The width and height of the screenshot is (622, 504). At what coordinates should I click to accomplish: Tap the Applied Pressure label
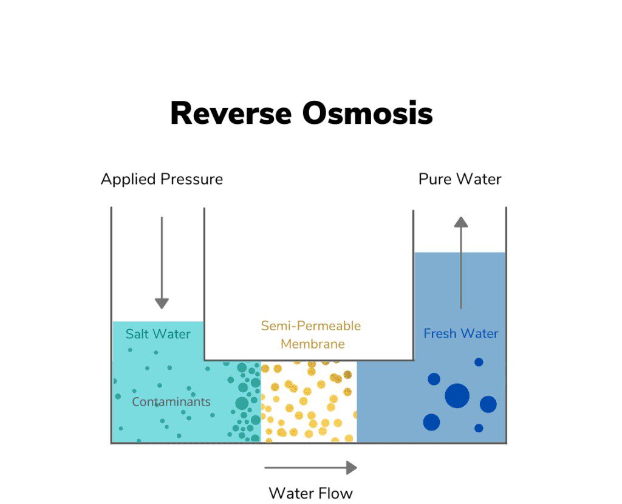coord(162,180)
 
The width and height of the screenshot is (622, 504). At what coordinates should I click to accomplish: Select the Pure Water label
coord(460,179)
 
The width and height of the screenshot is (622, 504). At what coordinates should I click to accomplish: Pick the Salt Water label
coord(158,334)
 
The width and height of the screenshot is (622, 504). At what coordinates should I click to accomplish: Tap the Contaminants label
coord(171,401)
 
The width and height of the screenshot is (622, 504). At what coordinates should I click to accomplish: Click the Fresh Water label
coord(460,333)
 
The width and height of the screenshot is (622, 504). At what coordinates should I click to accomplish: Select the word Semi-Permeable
coord(310,326)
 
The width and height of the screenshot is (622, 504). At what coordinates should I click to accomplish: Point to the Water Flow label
coord(310,492)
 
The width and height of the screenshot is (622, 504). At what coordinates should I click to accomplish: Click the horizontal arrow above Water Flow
coord(310,468)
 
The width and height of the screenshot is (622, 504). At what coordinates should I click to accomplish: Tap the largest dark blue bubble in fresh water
coord(457,396)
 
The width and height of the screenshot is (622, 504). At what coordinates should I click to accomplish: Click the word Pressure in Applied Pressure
coord(193,180)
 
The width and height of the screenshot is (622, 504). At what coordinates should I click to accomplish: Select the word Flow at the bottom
coord(337,492)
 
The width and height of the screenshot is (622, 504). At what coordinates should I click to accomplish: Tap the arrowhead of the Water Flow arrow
coord(351,468)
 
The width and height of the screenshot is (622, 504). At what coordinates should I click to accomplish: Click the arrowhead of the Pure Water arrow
coord(461,222)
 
